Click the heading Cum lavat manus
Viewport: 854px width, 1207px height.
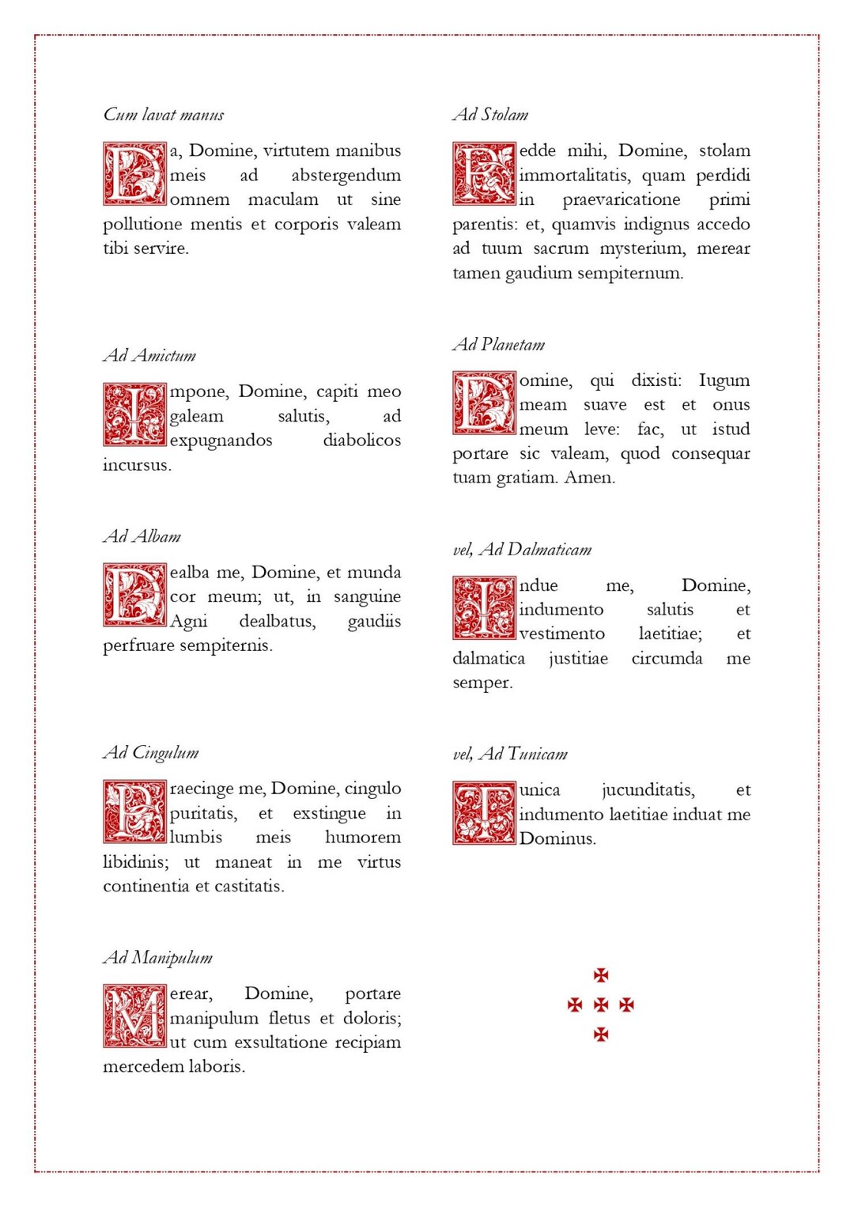164,115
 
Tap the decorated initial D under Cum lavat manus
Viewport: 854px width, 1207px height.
134,174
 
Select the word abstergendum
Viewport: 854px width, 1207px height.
346,176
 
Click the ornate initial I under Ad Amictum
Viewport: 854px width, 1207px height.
134,414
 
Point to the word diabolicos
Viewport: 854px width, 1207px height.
361,441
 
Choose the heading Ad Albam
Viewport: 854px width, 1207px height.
142,536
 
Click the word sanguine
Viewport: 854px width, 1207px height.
367,596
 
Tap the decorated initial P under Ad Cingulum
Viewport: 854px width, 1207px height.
134,812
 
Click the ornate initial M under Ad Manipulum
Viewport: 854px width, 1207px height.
134,1016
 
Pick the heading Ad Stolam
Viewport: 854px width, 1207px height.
491,115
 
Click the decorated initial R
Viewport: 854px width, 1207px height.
484,174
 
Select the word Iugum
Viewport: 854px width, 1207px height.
724,380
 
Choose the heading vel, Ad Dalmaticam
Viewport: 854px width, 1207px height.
522,549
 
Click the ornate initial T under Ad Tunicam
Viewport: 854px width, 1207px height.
484,813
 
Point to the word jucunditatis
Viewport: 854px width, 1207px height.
648,790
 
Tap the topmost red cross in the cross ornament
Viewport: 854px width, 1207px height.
601,974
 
